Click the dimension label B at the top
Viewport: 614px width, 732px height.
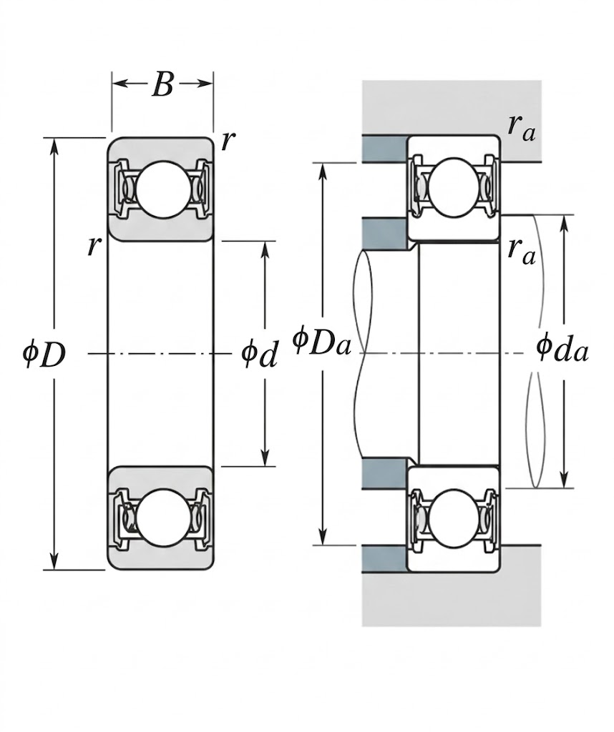coord(162,84)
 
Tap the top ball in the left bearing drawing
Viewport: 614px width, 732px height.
coord(162,189)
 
